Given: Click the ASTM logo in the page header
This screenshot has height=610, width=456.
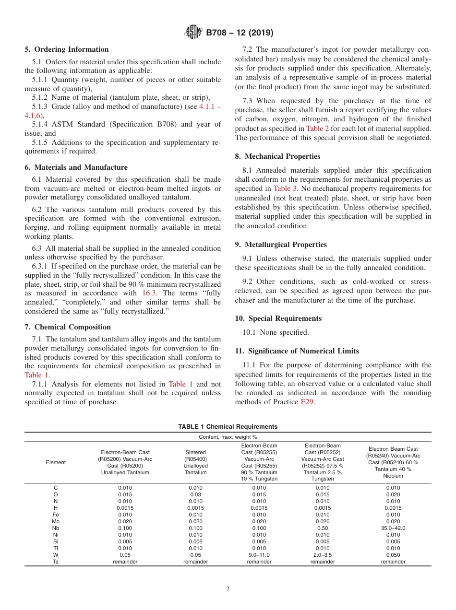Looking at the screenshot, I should tap(193, 33).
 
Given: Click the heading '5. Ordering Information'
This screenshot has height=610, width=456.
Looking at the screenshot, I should tap(67, 49).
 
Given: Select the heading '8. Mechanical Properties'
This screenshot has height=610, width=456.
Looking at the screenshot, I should tap(277, 156).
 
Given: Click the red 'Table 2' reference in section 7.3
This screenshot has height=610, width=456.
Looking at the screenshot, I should tap(317, 129).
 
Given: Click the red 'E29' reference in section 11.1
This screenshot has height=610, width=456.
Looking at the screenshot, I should tap(307, 402).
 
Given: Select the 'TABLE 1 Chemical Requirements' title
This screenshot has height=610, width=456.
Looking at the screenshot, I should tap(228, 427).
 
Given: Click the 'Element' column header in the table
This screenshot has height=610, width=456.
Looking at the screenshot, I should tap(56, 462).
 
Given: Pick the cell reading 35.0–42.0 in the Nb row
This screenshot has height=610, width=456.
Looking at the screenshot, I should tap(393, 528).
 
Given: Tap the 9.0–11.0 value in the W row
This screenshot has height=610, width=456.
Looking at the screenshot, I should tap(259, 555).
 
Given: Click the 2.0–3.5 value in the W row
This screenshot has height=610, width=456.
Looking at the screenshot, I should tap(322, 555).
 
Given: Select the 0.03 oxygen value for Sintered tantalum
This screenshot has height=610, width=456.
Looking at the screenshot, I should tap(195, 494).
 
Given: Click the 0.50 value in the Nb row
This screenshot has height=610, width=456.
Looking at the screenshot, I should tap(322, 528).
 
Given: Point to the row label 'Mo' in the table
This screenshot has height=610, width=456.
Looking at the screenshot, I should tap(56, 521).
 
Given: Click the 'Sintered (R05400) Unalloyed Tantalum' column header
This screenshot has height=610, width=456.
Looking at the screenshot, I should tap(195, 462).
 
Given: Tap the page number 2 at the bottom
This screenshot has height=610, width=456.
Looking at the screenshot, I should tap(228, 589).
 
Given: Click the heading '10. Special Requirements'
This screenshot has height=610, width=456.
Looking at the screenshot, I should tap(278, 318).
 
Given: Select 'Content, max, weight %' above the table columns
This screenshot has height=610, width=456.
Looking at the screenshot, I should tap(228, 437).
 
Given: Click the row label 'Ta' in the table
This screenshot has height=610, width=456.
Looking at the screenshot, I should tap(56, 562).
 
